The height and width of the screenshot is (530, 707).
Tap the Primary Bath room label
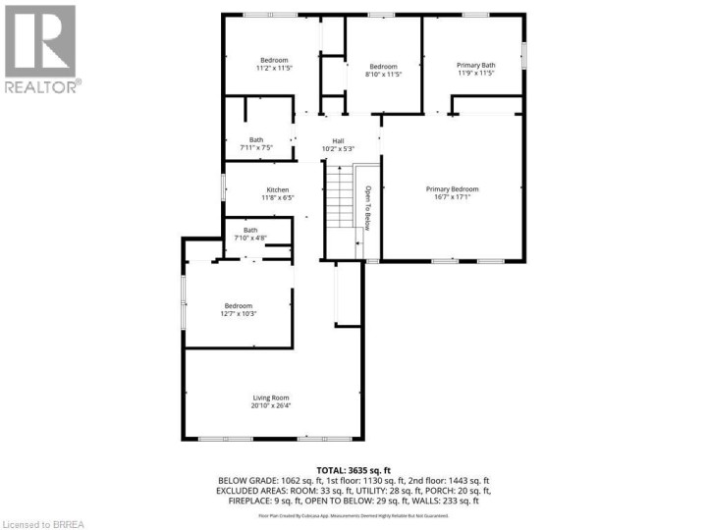pos(476,66)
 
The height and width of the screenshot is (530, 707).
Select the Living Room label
pos(273,397)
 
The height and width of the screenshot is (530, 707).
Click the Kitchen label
pos(278,189)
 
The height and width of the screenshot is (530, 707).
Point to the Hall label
pos(338,141)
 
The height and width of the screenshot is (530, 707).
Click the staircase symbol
pos(339,196)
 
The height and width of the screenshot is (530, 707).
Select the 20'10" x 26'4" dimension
pos(273,406)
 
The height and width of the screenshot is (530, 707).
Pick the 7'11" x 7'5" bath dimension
pos(256,148)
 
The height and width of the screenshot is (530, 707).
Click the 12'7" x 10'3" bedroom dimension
pos(239,314)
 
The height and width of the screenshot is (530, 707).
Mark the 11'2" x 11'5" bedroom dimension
pos(274,69)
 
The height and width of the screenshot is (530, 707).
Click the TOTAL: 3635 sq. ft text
pos(353,469)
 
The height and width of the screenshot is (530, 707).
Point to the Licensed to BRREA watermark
pos(49,521)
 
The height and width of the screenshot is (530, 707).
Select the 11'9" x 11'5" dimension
pos(476,74)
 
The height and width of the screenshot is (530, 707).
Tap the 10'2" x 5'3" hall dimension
pos(338,149)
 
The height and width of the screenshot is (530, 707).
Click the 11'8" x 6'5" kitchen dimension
pos(278,198)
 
